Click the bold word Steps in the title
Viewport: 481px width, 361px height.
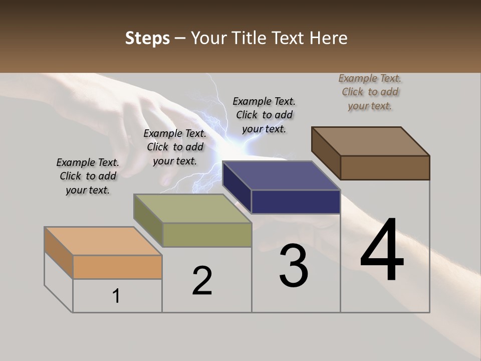pyautogui.click(x=147, y=38)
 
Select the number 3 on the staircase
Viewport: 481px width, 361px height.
pyautogui.click(x=293, y=265)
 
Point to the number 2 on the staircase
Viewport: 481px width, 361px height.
pyautogui.click(x=202, y=280)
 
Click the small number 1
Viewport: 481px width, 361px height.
pyautogui.click(x=116, y=296)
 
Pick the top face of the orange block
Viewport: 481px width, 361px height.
pyautogui.click(x=103, y=241)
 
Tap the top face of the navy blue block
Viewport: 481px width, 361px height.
pyautogui.click(x=281, y=175)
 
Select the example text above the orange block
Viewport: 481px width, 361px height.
pyautogui.click(x=88, y=176)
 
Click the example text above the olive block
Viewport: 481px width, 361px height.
pyautogui.click(x=175, y=147)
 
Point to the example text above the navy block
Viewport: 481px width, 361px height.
pyautogui.click(x=264, y=115)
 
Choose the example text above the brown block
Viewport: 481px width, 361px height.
pyautogui.click(x=370, y=92)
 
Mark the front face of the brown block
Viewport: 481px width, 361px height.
pyautogui.click(x=385, y=167)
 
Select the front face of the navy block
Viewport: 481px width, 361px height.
pyautogui.click(x=296, y=202)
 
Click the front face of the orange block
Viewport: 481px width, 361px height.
pyautogui.click(x=117, y=267)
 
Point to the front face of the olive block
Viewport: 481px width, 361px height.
pyautogui.click(x=207, y=235)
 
